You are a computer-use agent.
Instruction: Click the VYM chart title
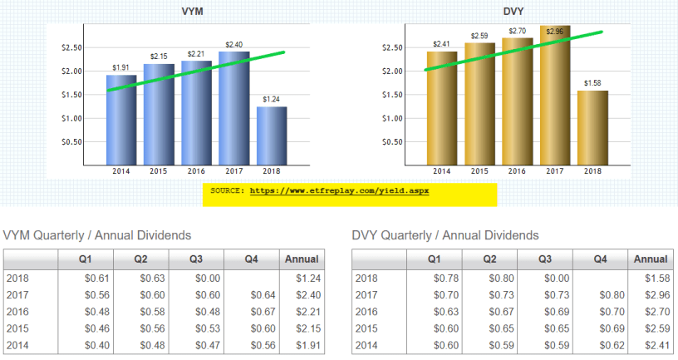pos(193,12)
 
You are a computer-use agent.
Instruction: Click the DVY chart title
pos(513,12)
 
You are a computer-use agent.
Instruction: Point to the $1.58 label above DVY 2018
pos(592,83)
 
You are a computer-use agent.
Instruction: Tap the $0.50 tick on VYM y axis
pos(72,141)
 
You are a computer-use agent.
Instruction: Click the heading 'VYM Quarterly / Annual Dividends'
pos(97,235)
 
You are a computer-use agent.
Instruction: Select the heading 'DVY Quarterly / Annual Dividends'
pos(445,235)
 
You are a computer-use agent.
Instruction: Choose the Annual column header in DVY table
pos(650,259)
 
